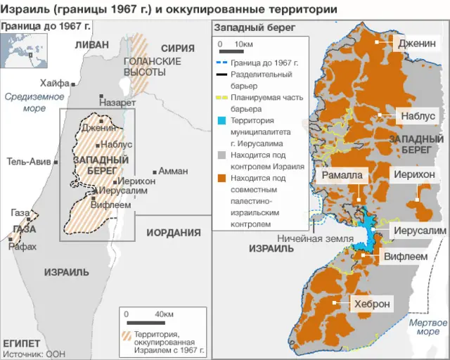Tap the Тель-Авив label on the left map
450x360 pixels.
pyautogui.click(x=28, y=161)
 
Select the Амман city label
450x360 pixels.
pyautogui.click(x=173, y=171)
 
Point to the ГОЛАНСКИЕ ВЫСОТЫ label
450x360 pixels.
pyautogui.click(x=143, y=67)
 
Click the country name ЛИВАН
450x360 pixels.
pyautogui.click(x=91, y=45)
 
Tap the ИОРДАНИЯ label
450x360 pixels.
pyautogui.click(x=173, y=233)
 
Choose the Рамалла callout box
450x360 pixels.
pyautogui.click(x=342, y=175)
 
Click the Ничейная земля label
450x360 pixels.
pyautogui.click(x=314, y=238)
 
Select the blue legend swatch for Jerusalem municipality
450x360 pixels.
pyautogui.click(x=221, y=120)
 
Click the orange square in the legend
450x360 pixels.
pyautogui.click(x=221, y=178)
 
